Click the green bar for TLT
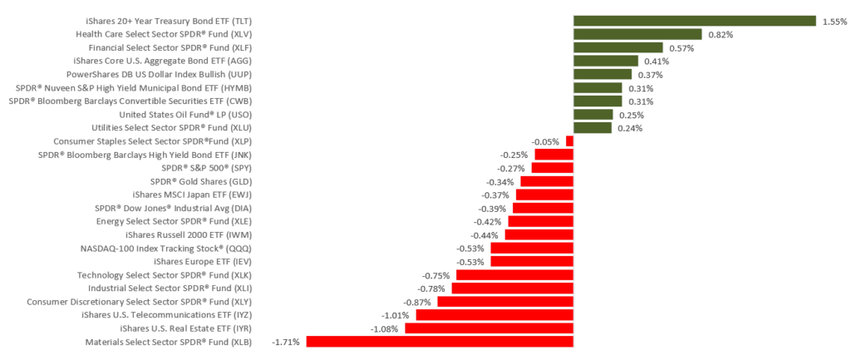695,21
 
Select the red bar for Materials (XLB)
440,341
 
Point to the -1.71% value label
285,342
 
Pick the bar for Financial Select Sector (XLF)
618,47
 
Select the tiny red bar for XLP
570,141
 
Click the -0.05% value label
546,141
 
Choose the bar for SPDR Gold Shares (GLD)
547,180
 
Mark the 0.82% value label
721,35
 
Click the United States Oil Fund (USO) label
185,115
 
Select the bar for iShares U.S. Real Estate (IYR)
489,328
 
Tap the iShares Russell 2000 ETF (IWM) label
189,234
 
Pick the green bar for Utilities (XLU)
593,127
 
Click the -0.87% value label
416,302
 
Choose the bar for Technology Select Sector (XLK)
515,274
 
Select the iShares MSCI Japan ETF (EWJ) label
193,195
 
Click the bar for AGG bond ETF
606,61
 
